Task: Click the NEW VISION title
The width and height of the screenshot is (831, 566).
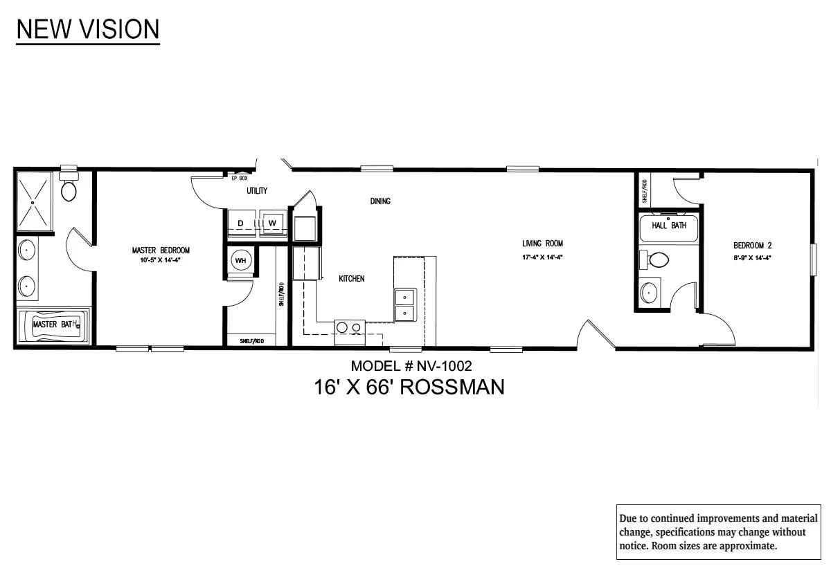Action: (x=88, y=29)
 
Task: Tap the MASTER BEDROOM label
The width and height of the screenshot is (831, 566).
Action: (x=161, y=250)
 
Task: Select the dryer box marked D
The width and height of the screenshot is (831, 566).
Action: (x=240, y=223)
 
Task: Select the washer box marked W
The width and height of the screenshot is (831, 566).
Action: (x=272, y=223)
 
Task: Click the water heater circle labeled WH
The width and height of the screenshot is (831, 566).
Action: (x=241, y=260)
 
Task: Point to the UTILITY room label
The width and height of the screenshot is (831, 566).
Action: (x=257, y=190)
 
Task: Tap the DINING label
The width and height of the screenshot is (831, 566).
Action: (x=380, y=201)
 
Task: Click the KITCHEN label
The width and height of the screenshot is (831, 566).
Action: (x=351, y=279)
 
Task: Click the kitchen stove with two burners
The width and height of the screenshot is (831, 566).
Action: (x=350, y=328)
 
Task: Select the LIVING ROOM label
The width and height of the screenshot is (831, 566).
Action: (x=542, y=244)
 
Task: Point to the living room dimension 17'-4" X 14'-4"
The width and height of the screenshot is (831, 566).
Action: (x=542, y=257)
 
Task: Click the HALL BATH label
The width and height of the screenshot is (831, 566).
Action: (x=669, y=226)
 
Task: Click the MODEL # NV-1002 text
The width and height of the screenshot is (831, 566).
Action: (x=411, y=366)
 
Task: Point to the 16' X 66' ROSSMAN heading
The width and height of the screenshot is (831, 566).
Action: (x=409, y=387)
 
